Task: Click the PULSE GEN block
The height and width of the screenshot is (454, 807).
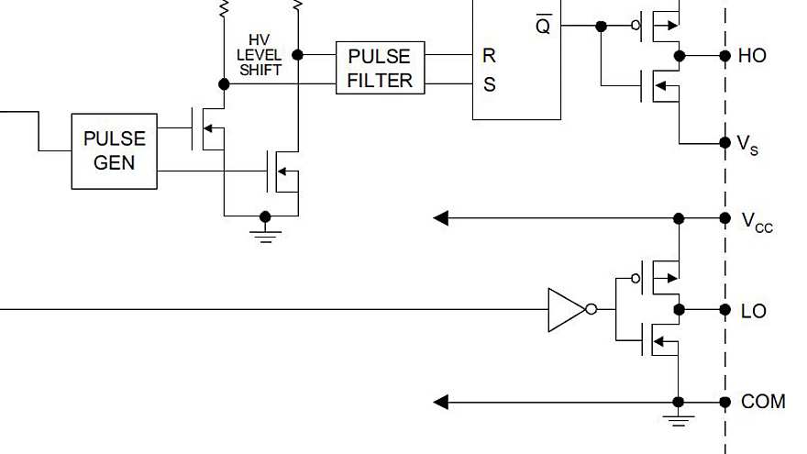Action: coord(114,151)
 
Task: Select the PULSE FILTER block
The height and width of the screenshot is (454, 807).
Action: coord(380,68)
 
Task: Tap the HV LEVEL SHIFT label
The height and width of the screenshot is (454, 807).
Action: coord(260,55)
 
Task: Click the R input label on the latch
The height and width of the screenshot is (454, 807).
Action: coord(489,56)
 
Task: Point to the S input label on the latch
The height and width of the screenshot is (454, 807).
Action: coord(489,84)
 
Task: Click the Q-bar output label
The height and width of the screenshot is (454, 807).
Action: coord(543,26)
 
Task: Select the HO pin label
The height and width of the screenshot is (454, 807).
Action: coord(752,56)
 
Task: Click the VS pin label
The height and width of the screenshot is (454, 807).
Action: coord(748,144)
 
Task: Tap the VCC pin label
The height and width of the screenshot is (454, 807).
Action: coord(757,220)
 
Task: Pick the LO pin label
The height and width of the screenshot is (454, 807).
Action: coord(753,312)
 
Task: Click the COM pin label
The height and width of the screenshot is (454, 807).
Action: coord(763,402)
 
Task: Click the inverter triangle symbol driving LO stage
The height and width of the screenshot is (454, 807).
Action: coord(565,310)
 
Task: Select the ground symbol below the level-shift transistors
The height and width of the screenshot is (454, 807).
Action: coord(266,235)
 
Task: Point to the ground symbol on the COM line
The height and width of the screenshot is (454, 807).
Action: coord(679,419)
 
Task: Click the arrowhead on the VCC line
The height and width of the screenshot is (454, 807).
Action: coord(441,218)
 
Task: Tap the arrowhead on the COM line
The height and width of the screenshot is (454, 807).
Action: coord(441,402)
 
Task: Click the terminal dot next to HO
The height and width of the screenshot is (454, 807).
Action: coord(725,56)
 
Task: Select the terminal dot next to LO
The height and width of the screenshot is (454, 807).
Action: coord(725,310)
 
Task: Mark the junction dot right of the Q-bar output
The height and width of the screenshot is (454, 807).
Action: coord(601,27)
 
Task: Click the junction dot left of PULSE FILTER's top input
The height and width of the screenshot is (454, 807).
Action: coord(298,55)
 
